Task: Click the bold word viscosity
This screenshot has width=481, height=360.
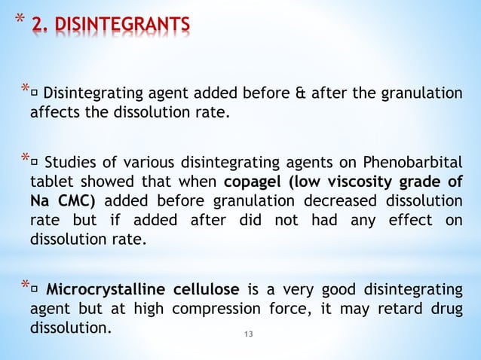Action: click(x=375, y=183)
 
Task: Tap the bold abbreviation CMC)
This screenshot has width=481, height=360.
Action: click(x=81, y=203)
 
